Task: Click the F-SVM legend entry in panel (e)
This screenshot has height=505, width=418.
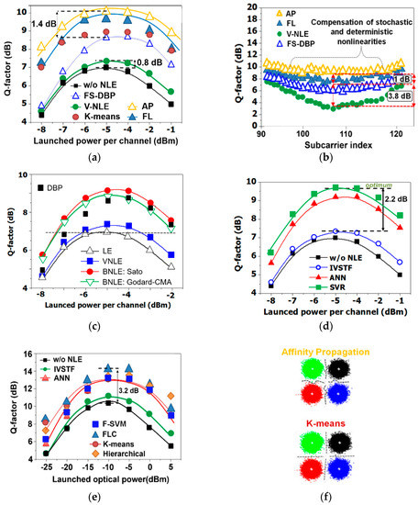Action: click(116, 428)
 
